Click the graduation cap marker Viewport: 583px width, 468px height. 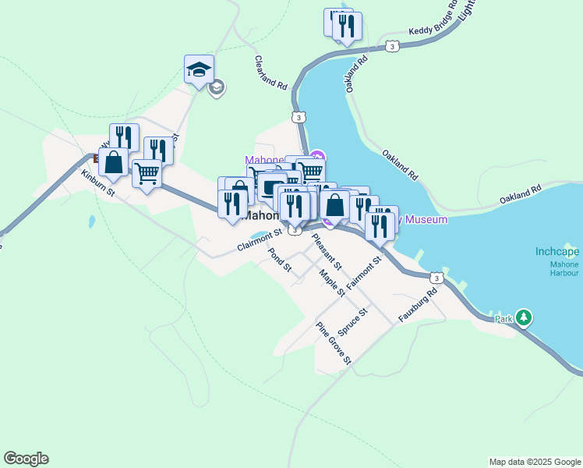(199, 69)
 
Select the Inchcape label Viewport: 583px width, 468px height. (557, 252)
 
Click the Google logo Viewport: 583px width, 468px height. (26, 459)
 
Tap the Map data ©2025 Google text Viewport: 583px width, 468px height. (534, 462)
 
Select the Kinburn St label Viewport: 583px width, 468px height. (98, 182)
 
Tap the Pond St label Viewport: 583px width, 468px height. (279, 261)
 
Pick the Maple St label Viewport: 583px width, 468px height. (332, 282)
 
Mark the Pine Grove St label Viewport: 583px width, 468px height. (334, 343)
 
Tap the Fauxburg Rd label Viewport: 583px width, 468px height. (419, 304)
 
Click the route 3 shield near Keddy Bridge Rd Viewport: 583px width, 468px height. (393, 47)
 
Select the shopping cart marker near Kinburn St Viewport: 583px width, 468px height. (147, 174)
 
